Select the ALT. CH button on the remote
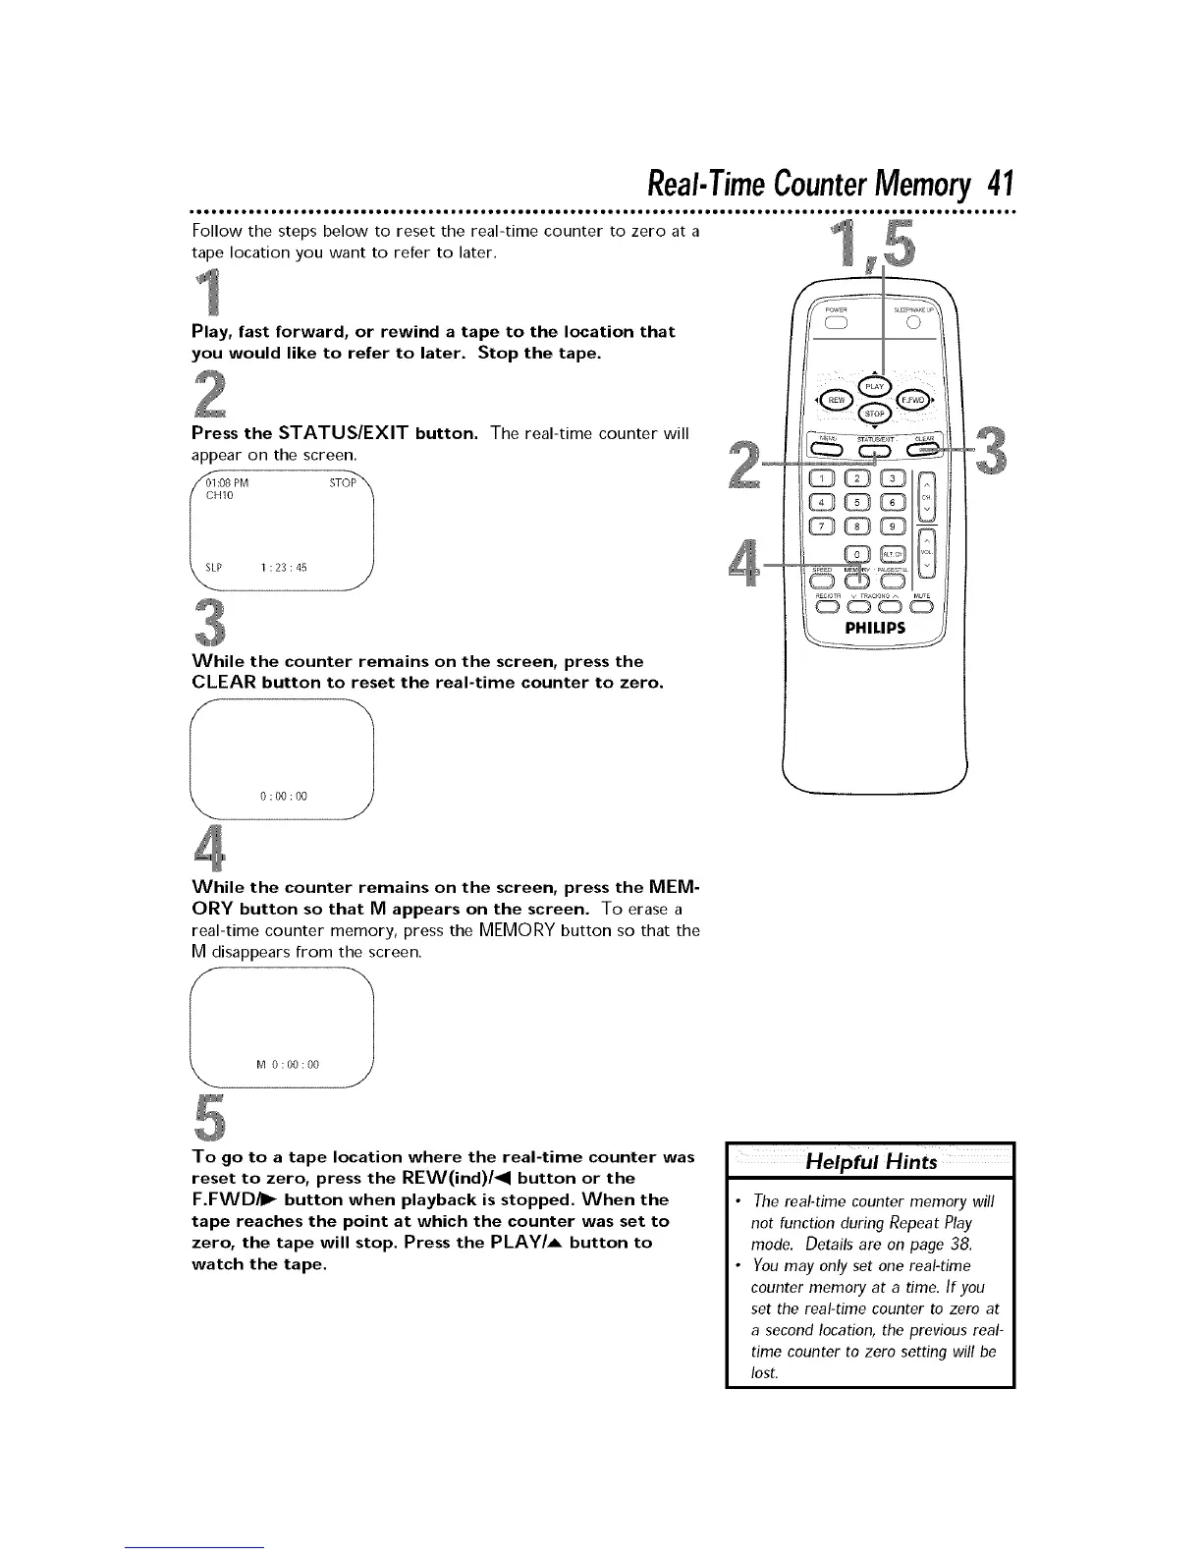(893, 555)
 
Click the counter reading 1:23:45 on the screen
(284, 567)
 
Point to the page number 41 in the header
(999, 184)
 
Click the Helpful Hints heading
(870, 1162)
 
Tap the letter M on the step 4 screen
(260, 1064)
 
